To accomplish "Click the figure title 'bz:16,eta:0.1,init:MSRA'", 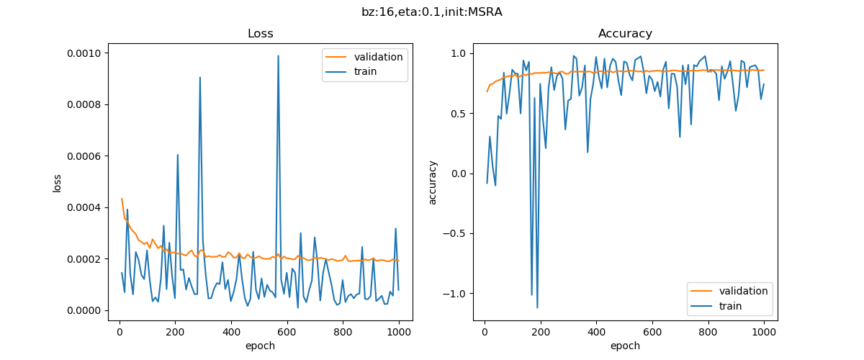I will point(431,12).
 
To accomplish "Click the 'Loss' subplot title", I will point(260,34).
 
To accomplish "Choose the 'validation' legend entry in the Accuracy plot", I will point(743,291).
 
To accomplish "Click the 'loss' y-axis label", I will point(57,181).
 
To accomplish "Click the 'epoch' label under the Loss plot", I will point(260,346).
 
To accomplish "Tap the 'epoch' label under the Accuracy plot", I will point(625,346).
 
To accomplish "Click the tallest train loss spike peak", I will point(278,55).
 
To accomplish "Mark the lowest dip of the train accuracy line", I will point(537,308).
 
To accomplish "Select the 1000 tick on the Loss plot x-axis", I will point(399,332).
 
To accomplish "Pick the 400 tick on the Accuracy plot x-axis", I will point(596,332).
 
